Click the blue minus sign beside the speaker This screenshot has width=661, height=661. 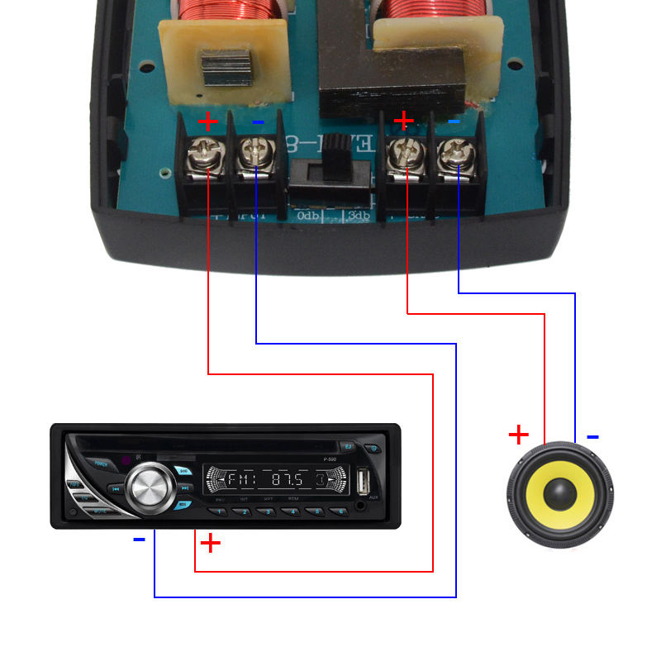(592, 436)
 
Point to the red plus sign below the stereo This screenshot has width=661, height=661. (212, 543)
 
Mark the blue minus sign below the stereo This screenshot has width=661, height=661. (139, 540)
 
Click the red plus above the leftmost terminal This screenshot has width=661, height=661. (207, 123)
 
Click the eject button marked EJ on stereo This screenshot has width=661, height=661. (349, 447)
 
